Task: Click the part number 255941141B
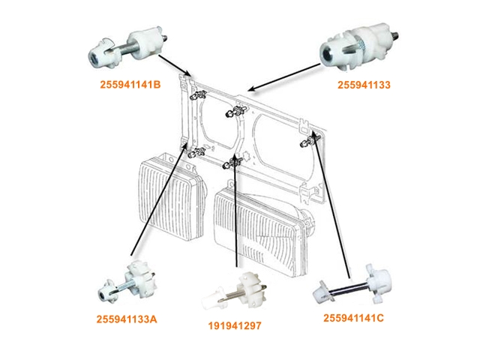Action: click(130, 85)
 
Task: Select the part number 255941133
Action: click(364, 85)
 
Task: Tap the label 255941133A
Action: click(127, 319)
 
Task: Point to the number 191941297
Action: click(235, 325)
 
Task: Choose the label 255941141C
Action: click(353, 318)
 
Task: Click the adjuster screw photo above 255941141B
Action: click(128, 47)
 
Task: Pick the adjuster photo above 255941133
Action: click(358, 46)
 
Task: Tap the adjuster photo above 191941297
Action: click(234, 291)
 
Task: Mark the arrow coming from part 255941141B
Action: click(175, 65)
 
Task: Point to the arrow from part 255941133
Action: click(284, 77)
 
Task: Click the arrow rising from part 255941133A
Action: click(158, 199)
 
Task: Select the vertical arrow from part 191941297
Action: click(235, 211)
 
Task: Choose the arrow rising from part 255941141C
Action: click(331, 205)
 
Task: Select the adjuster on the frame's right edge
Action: click(310, 142)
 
